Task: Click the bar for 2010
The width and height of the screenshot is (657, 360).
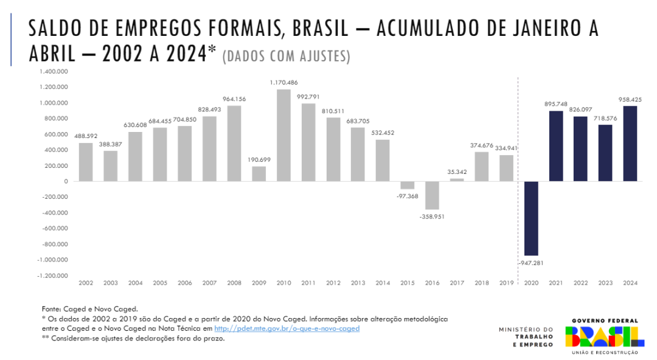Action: [x=283, y=136]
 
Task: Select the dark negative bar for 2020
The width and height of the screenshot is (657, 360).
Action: [x=531, y=218]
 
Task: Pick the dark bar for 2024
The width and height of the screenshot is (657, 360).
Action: [x=630, y=144]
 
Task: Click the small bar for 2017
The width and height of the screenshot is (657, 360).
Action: [x=457, y=179]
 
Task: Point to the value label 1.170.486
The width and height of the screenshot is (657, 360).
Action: [x=283, y=82]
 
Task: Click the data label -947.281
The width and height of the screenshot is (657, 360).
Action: [x=530, y=263]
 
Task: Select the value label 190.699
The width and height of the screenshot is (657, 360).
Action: [x=259, y=159]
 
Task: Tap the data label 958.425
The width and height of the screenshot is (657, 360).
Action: [x=630, y=99]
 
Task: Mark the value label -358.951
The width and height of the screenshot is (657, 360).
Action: [x=432, y=216]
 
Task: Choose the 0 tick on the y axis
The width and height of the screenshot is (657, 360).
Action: [x=66, y=181]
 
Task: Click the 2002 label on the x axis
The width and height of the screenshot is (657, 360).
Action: [x=86, y=283]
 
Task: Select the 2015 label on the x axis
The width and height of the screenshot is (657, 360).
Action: [x=407, y=283]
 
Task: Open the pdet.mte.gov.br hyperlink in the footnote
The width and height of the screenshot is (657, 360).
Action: [x=287, y=328]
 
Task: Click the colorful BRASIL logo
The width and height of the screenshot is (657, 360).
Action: [x=604, y=336]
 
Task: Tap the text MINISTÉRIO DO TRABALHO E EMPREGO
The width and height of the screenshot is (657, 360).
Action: [x=526, y=337]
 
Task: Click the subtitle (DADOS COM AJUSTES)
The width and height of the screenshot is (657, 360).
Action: [x=287, y=57]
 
